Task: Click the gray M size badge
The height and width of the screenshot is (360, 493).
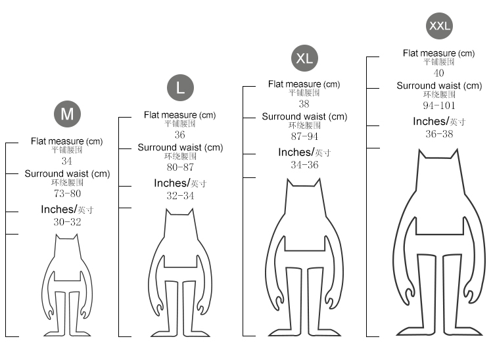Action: click(67, 114)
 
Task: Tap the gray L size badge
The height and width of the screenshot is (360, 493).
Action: click(181, 87)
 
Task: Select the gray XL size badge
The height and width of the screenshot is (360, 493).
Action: click(304, 58)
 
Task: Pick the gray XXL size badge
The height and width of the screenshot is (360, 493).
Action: click(440, 26)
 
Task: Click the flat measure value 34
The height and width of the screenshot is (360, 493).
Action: click(66, 161)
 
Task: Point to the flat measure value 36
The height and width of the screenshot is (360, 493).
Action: click(180, 135)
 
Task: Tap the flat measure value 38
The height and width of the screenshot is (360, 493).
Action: click(304, 104)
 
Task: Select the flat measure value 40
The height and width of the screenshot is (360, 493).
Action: click(439, 73)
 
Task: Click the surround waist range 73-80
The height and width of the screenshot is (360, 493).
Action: click(67, 194)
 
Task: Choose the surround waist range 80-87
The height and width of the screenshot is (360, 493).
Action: click(180, 167)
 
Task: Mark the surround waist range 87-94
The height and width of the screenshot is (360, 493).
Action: click(304, 137)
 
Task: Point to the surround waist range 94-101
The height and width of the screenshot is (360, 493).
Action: click(439, 105)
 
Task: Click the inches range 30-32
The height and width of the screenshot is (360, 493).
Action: click(67, 222)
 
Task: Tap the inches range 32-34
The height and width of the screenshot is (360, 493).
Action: click(181, 196)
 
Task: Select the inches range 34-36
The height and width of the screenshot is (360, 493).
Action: click(304, 165)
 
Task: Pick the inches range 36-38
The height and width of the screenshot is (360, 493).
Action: click(440, 134)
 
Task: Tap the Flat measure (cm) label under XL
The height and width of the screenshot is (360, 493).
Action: click(304, 84)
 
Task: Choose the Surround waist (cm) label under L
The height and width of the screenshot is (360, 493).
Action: click(181, 147)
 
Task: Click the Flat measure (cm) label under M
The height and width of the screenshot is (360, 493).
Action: click(66, 141)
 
